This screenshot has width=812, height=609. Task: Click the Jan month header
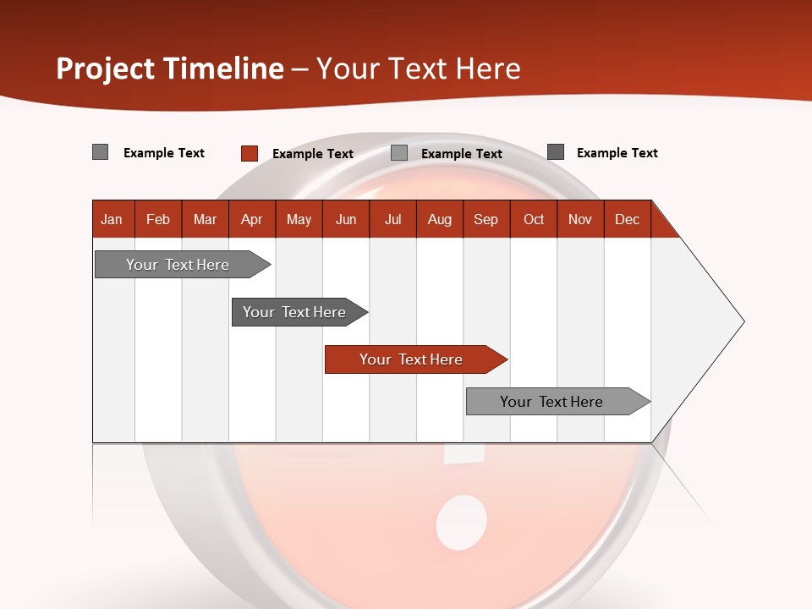pos(112,219)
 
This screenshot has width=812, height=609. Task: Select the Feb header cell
pos(158,219)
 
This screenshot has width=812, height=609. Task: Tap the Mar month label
pos(205,219)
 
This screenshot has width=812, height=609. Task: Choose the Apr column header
pos(252,219)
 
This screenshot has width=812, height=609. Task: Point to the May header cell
pos(299,219)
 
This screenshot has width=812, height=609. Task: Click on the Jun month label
pos(346,219)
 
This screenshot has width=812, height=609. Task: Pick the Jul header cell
pos(392,219)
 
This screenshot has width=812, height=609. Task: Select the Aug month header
pos(440,219)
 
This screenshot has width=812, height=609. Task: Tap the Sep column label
pos(486,219)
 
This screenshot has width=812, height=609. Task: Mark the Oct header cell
pos(534,219)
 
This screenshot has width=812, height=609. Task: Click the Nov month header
pos(580,219)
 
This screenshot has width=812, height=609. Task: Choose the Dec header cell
pos(628,219)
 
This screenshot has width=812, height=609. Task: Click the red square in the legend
pos(250,153)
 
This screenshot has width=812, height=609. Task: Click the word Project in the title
pos(105,69)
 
